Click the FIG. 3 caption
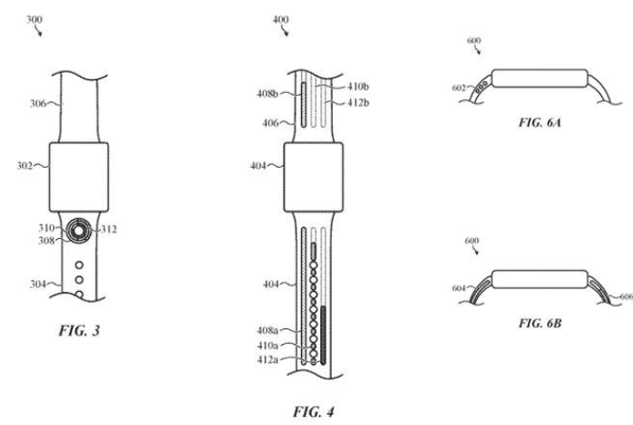[x=79, y=330]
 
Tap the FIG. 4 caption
[x=314, y=411]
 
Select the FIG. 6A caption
[x=540, y=122]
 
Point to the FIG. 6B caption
[x=540, y=323]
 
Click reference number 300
[x=35, y=19]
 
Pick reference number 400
[x=281, y=19]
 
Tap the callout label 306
[x=38, y=104]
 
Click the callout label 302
[x=25, y=166]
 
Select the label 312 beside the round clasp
[x=109, y=229]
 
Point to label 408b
[x=267, y=94]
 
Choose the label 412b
[x=358, y=103]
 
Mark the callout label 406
[x=271, y=123]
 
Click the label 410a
[x=267, y=346]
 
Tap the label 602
[x=459, y=88]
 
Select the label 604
[x=459, y=288]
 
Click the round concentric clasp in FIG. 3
[x=78, y=231]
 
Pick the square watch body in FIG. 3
[x=78, y=177]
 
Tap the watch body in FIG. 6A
[x=540, y=78]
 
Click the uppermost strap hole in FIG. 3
[x=79, y=265]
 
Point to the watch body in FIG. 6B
[x=540, y=279]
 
